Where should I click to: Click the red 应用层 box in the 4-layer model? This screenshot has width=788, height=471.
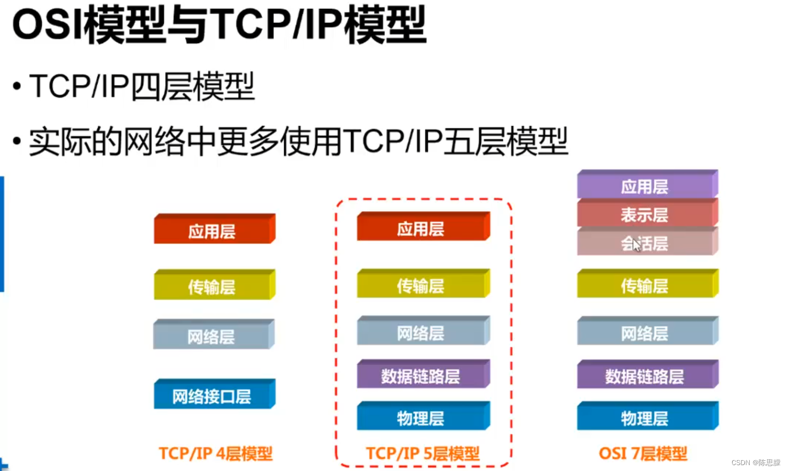(x=214, y=230)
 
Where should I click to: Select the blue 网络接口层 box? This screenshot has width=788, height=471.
(x=214, y=395)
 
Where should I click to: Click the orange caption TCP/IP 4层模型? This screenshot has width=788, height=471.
(x=215, y=453)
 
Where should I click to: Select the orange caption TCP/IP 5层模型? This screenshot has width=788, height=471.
(x=423, y=453)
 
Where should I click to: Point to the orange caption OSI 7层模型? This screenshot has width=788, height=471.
(x=643, y=453)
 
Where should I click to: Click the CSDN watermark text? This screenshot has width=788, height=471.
(x=756, y=463)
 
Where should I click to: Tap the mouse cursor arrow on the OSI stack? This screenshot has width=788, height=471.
(x=636, y=244)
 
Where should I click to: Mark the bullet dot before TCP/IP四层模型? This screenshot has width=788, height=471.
(x=18, y=87)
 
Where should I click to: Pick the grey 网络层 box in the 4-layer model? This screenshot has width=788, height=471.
(x=213, y=336)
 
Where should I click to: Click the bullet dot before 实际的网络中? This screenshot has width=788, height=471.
(x=18, y=142)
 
